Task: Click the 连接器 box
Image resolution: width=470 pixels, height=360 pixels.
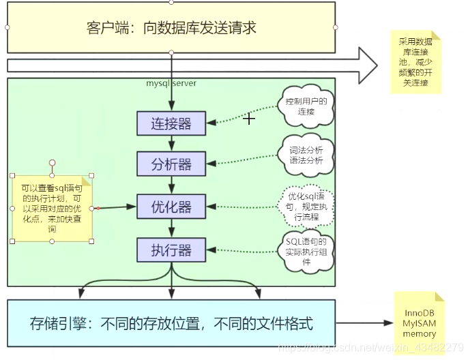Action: coord(171,123)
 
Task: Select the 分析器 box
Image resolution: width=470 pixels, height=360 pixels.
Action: coord(171,164)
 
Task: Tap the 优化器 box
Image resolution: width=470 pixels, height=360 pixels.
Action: coord(171,207)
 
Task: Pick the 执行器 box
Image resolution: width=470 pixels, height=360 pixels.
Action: coord(171,250)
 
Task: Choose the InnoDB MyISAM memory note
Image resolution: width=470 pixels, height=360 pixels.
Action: coord(419,324)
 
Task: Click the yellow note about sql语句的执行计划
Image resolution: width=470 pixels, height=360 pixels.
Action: coord(52,207)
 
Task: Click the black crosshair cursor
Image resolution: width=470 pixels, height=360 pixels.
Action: coord(250,119)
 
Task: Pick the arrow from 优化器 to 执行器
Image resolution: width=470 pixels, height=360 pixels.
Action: coord(171,228)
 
